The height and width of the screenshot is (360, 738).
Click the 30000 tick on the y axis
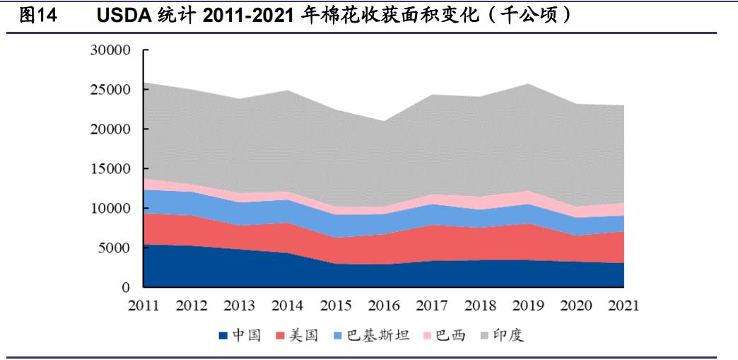click(112, 51)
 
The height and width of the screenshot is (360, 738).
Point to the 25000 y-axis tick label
click(112, 91)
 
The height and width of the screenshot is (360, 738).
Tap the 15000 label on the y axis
click(112, 169)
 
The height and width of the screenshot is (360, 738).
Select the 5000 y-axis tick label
click(116, 248)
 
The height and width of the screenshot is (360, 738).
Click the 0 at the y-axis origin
click(128, 288)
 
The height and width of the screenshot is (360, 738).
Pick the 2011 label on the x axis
click(143, 306)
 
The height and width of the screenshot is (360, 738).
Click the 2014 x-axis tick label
click(288, 306)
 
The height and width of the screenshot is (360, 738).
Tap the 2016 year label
click(384, 306)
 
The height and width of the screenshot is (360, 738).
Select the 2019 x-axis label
click(527, 306)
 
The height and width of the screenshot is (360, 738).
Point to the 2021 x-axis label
click(623, 306)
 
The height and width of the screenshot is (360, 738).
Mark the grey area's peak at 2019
click(527, 85)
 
